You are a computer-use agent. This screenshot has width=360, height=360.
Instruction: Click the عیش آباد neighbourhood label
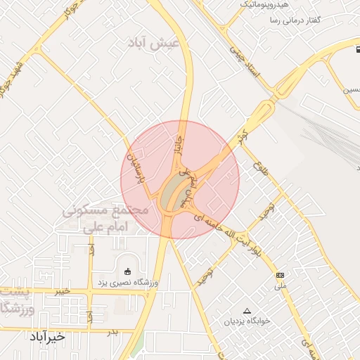click(x=155, y=43)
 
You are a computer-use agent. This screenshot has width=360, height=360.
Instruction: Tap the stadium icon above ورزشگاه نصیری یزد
click(x=127, y=271)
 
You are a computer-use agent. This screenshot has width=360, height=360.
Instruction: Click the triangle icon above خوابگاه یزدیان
click(x=246, y=310)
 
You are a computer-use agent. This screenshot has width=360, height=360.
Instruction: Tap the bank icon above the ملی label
click(x=281, y=275)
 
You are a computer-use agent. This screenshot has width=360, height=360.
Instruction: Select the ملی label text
click(x=281, y=286)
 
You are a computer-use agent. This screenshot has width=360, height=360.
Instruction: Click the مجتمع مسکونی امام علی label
click(x=105, y=219)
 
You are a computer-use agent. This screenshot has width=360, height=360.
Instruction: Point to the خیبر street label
click(x=63, y=290)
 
